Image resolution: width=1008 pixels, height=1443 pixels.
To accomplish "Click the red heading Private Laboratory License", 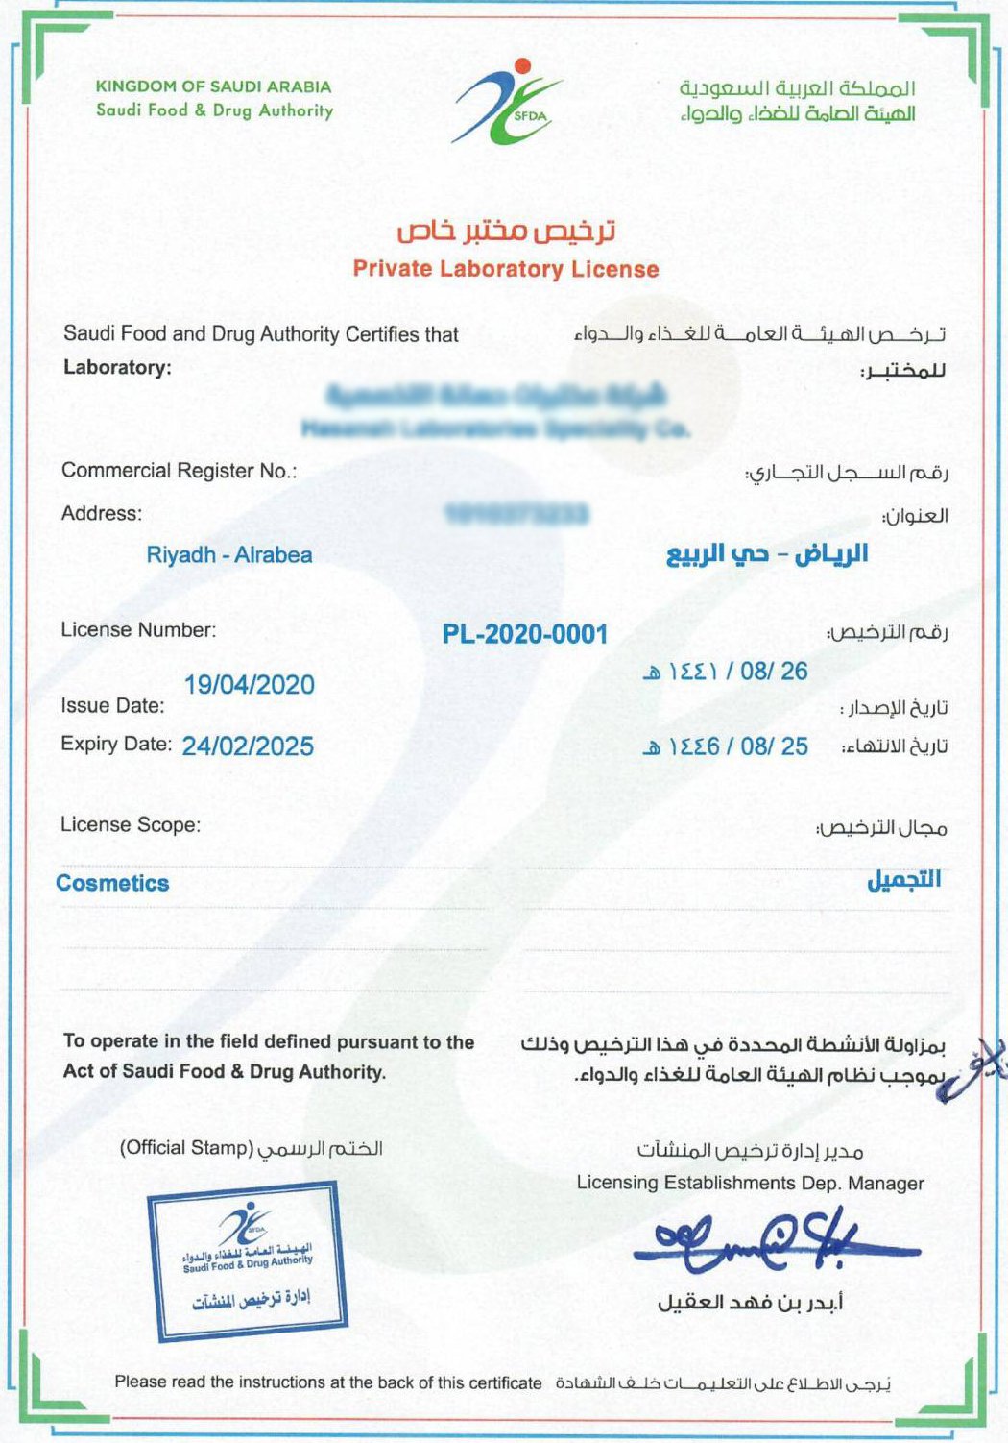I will tap(506, 269).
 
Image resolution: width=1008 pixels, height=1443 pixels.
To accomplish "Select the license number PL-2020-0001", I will tap(525, 634).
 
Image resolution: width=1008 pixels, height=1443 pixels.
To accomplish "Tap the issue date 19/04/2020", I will tap(250, 685).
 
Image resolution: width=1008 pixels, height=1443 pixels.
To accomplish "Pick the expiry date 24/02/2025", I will tap(248, 746).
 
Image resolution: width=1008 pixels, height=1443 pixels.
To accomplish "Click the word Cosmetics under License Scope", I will tap(112, 884).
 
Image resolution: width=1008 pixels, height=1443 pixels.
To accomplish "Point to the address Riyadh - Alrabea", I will tap(229, 555).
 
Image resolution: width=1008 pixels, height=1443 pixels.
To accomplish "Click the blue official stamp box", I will tap(248, 1262).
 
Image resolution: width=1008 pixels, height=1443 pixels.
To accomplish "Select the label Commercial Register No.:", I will tap(180, 471).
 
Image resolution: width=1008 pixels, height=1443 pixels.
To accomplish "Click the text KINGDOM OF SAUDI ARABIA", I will tap(213, 86).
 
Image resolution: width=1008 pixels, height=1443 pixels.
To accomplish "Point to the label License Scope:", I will tap(131, 825).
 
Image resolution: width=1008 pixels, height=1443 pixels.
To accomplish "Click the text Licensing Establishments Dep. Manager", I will tap(750, 1184).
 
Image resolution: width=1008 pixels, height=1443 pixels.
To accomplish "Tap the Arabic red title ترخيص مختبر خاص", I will tap(506, 232).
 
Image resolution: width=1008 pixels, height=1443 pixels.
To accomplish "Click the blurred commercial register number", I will tap(516, 515).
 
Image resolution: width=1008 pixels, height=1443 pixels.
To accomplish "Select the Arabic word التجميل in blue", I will tap(903, 880).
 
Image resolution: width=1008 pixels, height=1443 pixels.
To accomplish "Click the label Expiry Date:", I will tap(116, 745).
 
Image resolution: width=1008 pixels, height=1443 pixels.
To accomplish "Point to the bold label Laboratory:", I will tap(117, 367).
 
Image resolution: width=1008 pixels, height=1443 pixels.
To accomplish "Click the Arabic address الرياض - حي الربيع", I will tap(767, 554).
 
